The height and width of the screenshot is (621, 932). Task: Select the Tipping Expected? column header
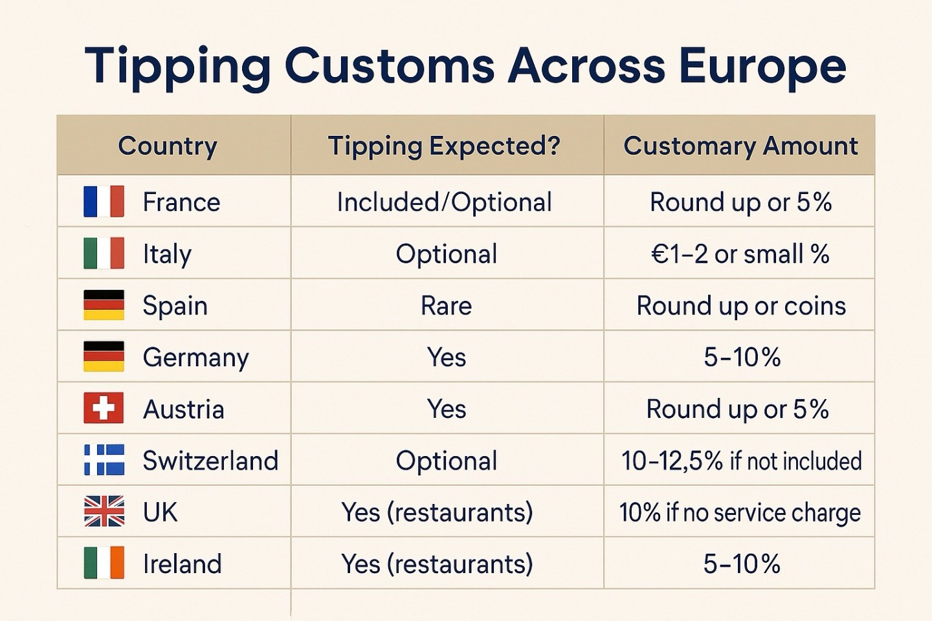point(444,146)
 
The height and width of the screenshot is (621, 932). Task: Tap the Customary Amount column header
point(740,146)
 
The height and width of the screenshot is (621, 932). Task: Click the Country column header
point(168,146)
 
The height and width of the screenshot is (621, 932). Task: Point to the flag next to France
point(104,201)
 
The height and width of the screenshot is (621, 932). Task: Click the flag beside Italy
point(104,253)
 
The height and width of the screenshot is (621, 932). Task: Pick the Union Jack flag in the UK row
point(104,511)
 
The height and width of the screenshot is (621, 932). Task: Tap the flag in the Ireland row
point(104,563)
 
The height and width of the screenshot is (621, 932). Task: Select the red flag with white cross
point(104,408)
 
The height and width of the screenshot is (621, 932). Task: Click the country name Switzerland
point(210,461)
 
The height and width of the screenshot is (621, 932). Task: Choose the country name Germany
point(195,357)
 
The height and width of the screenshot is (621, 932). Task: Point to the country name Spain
point(175,305)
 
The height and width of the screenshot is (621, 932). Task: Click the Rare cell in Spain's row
point(446,305)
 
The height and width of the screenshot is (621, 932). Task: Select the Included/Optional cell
point(445,202)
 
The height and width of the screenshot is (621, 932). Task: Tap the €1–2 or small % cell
point(740,254)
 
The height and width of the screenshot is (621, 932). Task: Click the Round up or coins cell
point(741,305)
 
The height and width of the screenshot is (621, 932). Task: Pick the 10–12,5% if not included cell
point(741,461)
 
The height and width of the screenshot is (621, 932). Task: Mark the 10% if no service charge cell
point(740,512)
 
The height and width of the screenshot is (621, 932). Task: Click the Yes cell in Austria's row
point(446,409)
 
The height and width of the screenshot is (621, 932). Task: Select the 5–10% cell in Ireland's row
point(742,564)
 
